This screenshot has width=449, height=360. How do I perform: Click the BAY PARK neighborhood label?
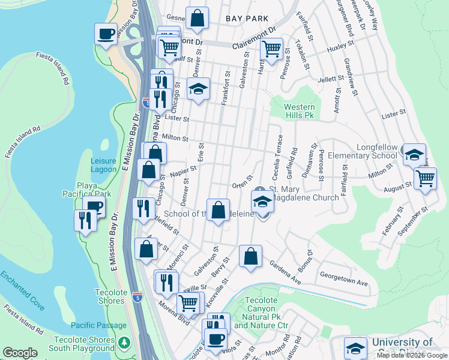(x=247, y=19)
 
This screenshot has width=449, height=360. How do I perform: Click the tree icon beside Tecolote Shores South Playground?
(x=124, y=343)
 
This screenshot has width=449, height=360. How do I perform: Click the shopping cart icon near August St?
(x=425, y=177)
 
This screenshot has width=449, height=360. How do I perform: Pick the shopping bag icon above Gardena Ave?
(x=250, y=256)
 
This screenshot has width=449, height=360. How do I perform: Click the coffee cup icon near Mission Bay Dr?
(x=106, y=33)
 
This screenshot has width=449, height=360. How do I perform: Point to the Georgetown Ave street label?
(x=343, y=281)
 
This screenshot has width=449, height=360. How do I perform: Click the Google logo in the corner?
(x=20, y=353)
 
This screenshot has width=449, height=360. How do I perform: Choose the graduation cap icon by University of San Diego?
(x=355, y=349)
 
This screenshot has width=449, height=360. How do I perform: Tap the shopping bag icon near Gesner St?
(x=197, y=18)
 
